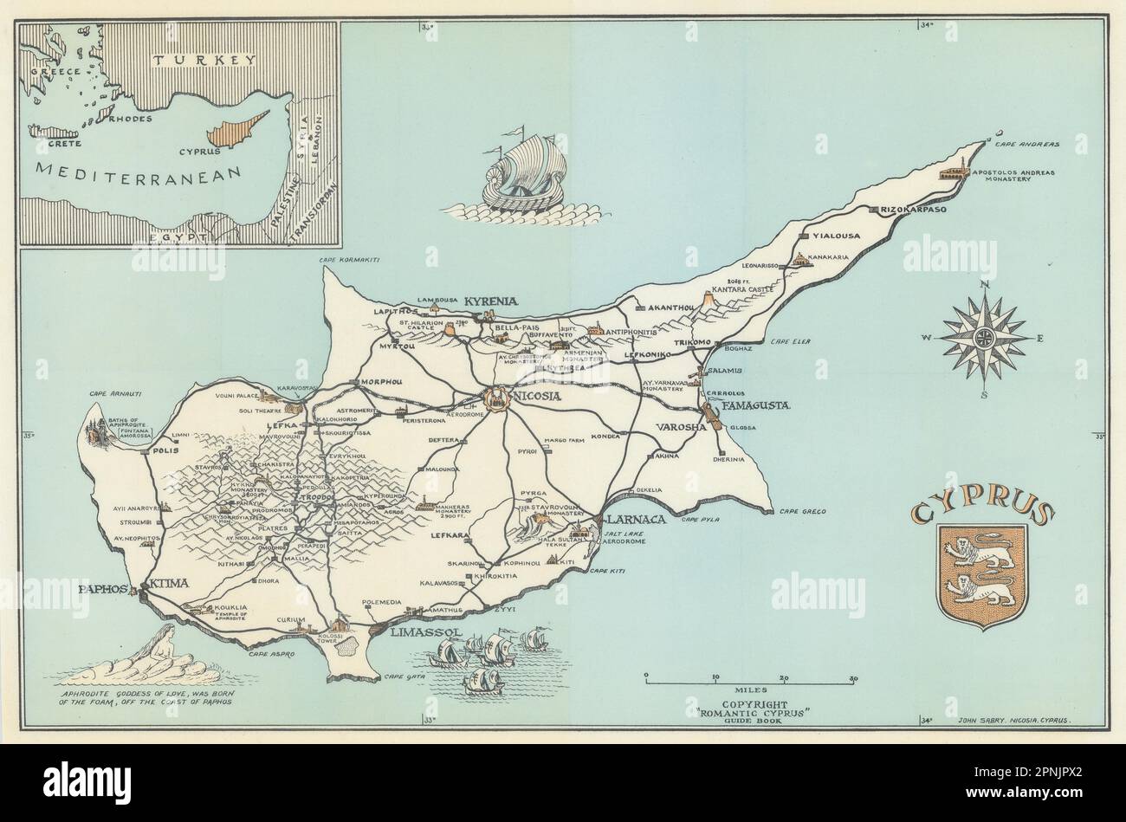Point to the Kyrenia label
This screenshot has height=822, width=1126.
click(x=491, y=301)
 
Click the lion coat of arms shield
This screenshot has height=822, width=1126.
click(x=982, y=572)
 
